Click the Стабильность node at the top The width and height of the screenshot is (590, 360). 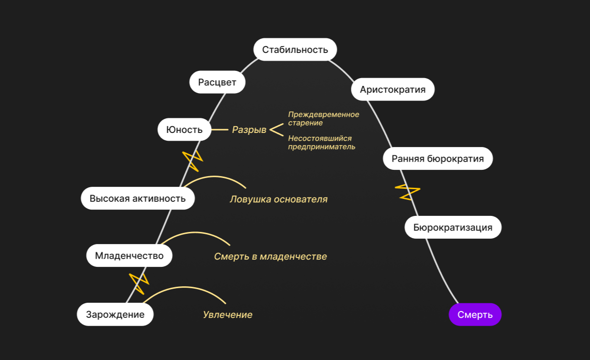point(295,49)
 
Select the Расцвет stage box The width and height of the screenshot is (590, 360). point(217,82)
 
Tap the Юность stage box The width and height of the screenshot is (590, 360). point(184,130)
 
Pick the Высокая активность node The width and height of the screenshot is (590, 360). point(138,198)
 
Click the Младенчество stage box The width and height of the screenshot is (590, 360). point(129,256)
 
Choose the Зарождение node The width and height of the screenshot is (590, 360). point(115,314)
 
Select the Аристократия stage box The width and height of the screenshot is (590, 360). point(393,89)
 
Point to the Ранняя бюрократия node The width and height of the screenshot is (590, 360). point(438,159)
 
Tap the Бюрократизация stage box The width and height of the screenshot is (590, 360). point(453,227)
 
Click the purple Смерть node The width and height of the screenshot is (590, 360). point(475,314)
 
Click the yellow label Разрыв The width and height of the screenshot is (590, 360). point(249,130)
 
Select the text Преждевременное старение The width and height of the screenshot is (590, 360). point(323,119)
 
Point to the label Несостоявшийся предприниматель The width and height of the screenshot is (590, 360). point(321,143)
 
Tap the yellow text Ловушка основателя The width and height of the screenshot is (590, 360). point(279,199)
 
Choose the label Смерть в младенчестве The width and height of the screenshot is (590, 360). point(271,256)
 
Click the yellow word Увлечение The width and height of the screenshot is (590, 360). point(228,315)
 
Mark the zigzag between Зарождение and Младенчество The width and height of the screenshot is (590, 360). point(138,283)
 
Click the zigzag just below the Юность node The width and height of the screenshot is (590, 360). point(191,161)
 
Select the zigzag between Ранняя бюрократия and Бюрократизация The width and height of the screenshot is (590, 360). point(407,192)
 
